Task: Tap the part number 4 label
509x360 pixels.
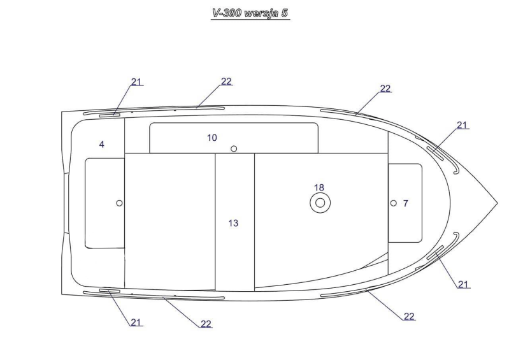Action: click(x=101, y=145)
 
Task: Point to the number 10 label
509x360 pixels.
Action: click(x=212, y=138)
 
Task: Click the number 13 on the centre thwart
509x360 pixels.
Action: click(x=233, y=223)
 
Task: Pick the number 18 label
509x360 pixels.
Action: click(x=319, y=187)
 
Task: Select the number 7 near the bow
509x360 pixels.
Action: click(x=405, y=203)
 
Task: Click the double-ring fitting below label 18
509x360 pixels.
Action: click(x=320, y=203)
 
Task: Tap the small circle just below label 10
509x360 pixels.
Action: click(x=233, y=148)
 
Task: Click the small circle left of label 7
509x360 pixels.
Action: click(x=394, y=203)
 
